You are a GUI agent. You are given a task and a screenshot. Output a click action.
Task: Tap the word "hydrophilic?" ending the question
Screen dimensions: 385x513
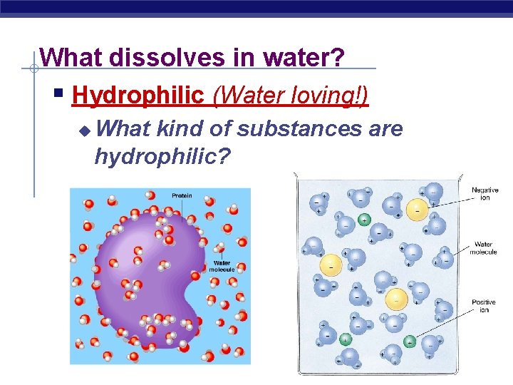(x=162, y=155)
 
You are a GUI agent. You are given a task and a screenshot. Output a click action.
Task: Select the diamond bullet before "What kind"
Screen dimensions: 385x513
(x=85, y=130)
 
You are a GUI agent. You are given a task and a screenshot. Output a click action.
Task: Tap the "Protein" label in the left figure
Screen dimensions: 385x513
(x=182, y=195)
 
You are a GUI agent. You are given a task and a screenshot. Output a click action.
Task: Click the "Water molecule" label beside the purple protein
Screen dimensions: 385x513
(x=224, y=267)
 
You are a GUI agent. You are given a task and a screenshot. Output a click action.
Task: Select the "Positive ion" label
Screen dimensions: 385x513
(x=484, y=307)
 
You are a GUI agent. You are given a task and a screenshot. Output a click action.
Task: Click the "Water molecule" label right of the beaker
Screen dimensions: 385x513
(x=484, y=248)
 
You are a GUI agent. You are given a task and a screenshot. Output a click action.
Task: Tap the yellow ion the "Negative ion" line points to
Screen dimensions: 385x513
(x=417, y=208)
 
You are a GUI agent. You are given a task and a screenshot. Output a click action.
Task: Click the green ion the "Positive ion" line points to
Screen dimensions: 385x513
(x=410, y=342)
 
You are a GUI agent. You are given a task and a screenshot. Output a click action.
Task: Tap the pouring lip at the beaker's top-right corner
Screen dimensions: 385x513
(x=460, y=176)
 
